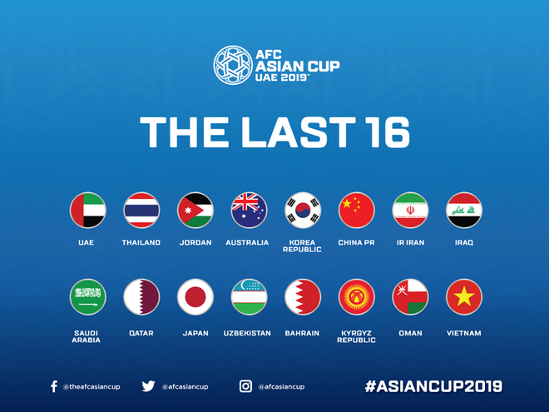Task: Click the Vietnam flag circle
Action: [x=464, y=297]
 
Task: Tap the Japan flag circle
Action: [x=195, y=297]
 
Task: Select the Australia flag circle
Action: [x=249, y=210]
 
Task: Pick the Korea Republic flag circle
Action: [x=303, y=210]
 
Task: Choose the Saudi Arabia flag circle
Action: [x=87, y=297]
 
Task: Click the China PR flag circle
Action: [x=357, y=210]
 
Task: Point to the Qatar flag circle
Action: [x=141, y=297]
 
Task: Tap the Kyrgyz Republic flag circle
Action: [x=357, y=297]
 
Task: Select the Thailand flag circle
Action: [x=141, y=210]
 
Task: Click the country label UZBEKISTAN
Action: [x=249, y=334]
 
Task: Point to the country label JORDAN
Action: [x=195, y=243]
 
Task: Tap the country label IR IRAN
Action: [x=410, y=243]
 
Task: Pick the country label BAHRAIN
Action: [x=303, y=334]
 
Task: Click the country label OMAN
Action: [x=410, y=334]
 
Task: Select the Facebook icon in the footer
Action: [x=54, y=386]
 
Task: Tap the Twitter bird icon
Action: [x=148, y=386]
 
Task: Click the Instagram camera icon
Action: [x=245, y=386]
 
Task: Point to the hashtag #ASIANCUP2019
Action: [x=433, y=386]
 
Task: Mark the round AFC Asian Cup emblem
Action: [x=232, y=66]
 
